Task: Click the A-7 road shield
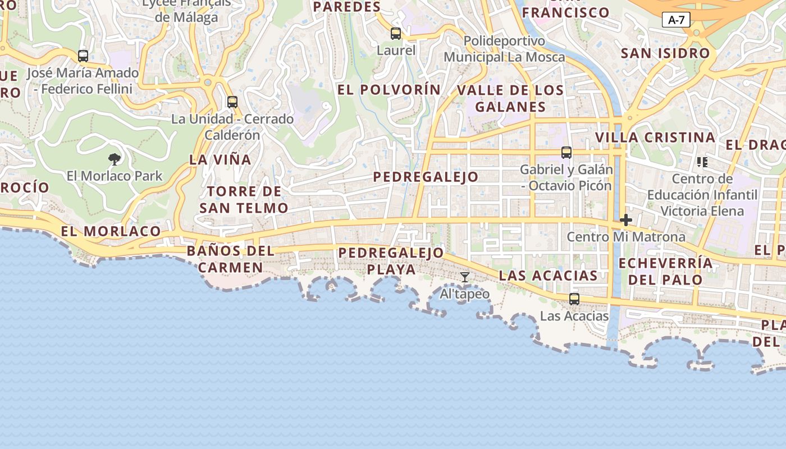click(676, 20)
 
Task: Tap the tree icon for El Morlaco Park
click(115, 159)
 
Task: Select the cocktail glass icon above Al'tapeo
click(465, 277)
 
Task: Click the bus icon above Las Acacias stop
click(574, 299)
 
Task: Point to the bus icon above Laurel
click(396, 34)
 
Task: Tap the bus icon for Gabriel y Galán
click(566, 153)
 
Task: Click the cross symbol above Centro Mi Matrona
click(626, 220)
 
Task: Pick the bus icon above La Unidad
click(232, 102)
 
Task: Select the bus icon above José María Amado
click(83, 56)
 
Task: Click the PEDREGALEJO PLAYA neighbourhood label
click(391, 261)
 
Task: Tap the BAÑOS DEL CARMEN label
click(231, 259)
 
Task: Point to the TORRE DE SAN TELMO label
click(244, 200)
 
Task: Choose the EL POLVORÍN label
click(389, 90)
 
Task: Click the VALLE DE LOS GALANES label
click(510, 98)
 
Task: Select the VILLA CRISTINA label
click(655, 138)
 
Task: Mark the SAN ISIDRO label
click(665, 53)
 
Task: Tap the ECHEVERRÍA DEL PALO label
click(665, 271)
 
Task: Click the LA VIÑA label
click(220, 159)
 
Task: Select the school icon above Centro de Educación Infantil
click(702, 162)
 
